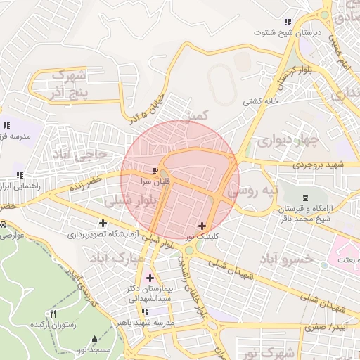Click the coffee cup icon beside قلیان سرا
[x=155, y=169]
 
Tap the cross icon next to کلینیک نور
[x=202, y=226]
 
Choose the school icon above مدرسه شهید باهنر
[x=145, y=311]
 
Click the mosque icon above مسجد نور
[x=96, y=337]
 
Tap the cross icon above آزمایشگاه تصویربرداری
[x=103, y=223]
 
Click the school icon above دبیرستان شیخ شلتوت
[x=287, y=21]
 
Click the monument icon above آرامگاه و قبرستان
[x=305, y=198]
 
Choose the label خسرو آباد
[x=285, y=259]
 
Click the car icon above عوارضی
[x=4, y=224]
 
